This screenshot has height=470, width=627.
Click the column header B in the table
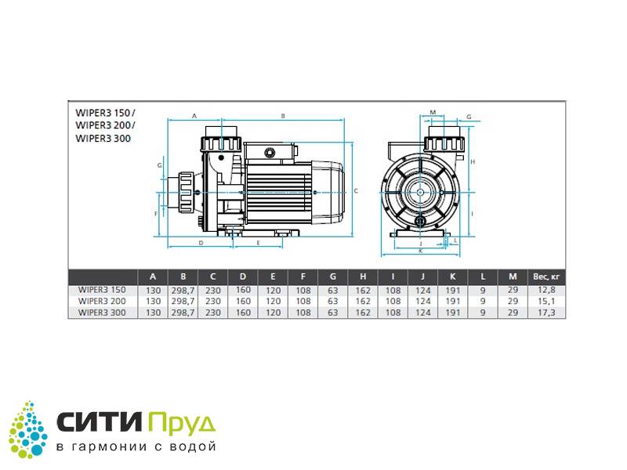[183, 277]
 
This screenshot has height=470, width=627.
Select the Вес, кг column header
[546, 277]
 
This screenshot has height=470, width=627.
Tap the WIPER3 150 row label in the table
[102, 290]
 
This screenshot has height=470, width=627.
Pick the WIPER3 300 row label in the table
[102, 313]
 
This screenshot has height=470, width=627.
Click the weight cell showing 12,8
[546, 290]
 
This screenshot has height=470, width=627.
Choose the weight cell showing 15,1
[546, 302]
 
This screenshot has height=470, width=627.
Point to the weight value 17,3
[546, 313]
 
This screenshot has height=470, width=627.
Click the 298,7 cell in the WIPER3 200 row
[183, 302]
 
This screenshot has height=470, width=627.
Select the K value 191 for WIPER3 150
[453, 291]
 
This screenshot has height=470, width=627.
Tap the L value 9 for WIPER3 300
[483, 313]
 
